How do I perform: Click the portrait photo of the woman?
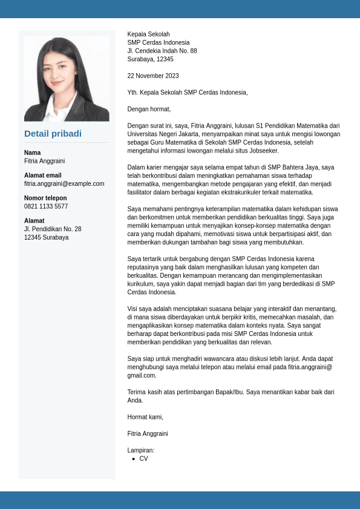(67, 79)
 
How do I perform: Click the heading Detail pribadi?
(53, 134)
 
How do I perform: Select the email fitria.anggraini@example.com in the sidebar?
(64, 183)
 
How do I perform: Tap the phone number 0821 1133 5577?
(46, 206)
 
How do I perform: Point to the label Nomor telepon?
(45, 198)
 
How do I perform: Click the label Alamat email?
(43, 176)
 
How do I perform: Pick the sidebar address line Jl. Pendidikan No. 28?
(53, 229)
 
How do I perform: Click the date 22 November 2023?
(153, 76)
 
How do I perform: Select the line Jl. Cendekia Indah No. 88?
(162, 51)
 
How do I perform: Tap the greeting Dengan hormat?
(149, 109)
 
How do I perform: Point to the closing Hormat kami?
(145, 417)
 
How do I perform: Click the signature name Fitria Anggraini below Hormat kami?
(148, 433)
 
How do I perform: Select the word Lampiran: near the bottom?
(141, 450)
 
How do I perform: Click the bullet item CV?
(143, 459)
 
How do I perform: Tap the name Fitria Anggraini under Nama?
(44, 161)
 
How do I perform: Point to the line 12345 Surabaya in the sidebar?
(47, 237)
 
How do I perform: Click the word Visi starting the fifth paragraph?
(133, 309)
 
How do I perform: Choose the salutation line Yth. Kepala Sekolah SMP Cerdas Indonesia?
(188, 93)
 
